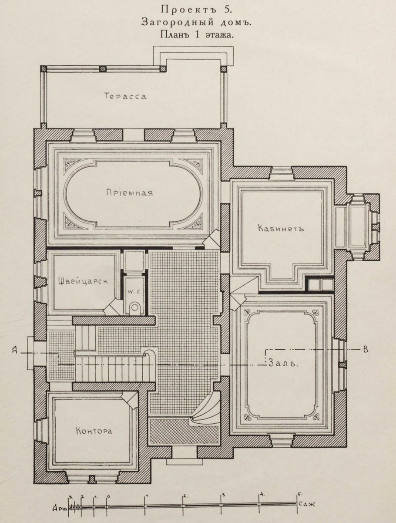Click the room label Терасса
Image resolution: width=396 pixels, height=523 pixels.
coord(125,96)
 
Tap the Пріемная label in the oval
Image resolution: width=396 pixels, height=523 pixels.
coord(129,192)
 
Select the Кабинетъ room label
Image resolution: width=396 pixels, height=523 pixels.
coord(281,229)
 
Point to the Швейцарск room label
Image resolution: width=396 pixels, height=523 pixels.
coord(83,281)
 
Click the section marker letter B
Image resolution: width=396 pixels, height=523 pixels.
coord(366,350)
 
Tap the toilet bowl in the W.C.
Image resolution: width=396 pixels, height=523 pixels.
coord(134,307)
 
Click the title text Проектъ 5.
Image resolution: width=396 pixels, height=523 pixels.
coord(195,10)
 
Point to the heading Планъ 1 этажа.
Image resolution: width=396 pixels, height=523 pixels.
coord(196,34)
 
